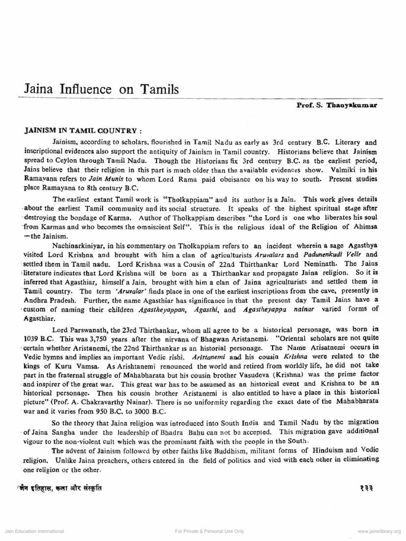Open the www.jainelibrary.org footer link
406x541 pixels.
379,531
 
